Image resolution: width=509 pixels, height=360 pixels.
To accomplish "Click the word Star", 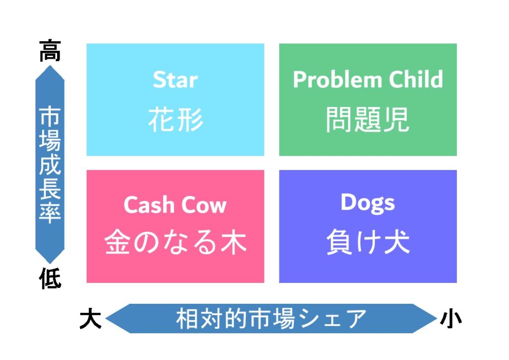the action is [175, 80].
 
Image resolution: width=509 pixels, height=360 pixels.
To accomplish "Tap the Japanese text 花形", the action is [175, 120].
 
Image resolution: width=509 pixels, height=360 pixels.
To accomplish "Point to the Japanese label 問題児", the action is [368, 120].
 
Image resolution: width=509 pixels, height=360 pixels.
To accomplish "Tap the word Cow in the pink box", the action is [203, 205].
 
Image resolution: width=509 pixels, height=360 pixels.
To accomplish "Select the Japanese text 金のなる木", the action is [175, 242].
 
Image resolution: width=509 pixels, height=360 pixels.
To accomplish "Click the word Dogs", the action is [368, 203].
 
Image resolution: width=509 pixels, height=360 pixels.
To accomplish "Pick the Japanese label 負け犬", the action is [368, 242].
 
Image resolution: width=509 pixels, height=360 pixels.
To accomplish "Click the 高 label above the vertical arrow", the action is [50, 50].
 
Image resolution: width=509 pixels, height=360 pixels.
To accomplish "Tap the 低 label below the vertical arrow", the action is [50, 278].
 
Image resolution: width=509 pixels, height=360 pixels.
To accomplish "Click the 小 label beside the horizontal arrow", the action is [451, 318].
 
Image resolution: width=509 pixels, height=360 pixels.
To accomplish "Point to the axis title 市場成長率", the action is [50, 165].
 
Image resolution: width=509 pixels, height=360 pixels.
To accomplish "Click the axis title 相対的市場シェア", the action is [271, 318].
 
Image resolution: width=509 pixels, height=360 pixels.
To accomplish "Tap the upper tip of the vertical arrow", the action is [50, 66].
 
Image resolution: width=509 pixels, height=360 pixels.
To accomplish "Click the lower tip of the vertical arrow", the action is [50, 264].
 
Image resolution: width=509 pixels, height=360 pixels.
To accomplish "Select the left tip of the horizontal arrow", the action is [105, 318].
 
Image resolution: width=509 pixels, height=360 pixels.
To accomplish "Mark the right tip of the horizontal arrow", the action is [437, 318].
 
